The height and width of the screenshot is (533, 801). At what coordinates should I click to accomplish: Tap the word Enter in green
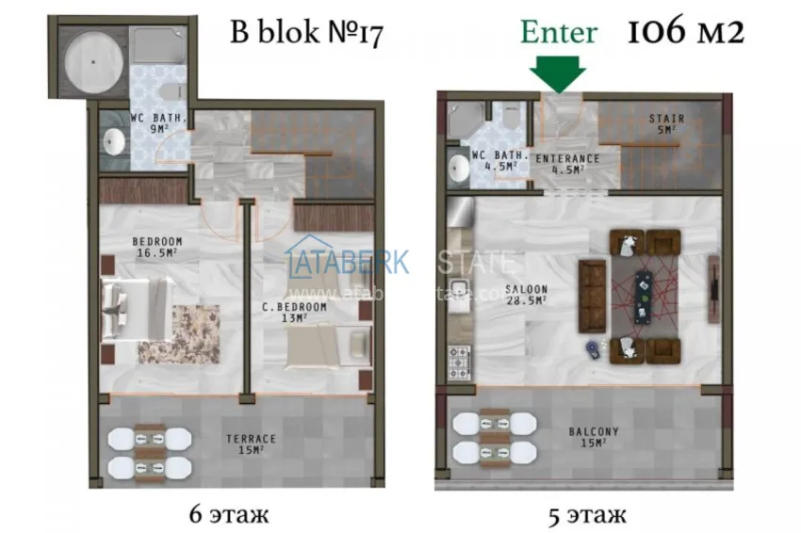pos(559,32)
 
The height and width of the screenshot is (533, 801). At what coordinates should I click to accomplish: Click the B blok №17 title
pos(306,33)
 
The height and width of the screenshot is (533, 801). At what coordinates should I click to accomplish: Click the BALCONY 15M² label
pos(594,436)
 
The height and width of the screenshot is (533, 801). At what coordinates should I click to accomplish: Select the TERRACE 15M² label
pos(251,444)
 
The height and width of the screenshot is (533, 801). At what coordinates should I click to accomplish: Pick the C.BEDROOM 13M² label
pos(294,313)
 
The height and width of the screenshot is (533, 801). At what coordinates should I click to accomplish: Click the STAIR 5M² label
pos(666,123)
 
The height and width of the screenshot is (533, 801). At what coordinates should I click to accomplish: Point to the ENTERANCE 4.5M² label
pos(567,165)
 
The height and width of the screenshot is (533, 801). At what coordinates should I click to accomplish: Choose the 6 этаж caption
pos(229,515)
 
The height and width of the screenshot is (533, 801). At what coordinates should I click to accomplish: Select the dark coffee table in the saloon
pos(646,293)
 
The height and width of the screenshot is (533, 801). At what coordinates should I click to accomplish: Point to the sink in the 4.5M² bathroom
pos(459,168)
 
